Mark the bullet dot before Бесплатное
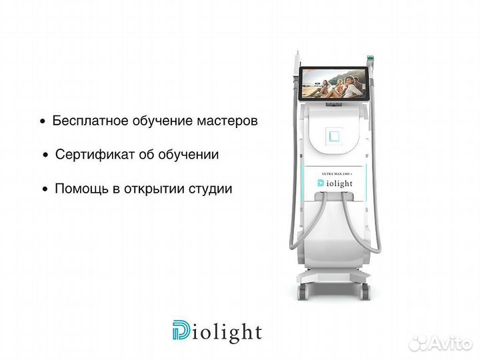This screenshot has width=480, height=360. tap(43, 123)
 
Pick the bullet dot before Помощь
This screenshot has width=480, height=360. tap(45, 189)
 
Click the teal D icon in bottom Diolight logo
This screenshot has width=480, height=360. tap(181, 331)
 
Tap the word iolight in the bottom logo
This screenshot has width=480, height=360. tap(227, 331)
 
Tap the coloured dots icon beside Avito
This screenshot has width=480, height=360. tap(418, 343)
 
